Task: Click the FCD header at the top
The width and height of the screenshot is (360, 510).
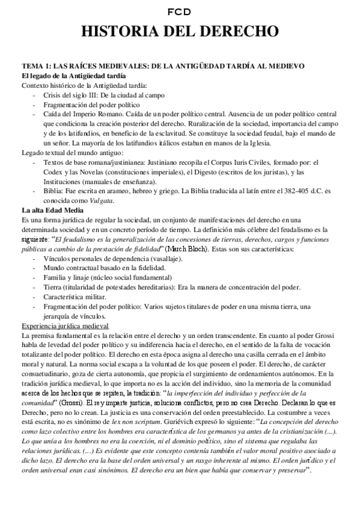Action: [x=180, y=10]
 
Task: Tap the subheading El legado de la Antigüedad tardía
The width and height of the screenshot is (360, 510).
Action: [x=73, y=76]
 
